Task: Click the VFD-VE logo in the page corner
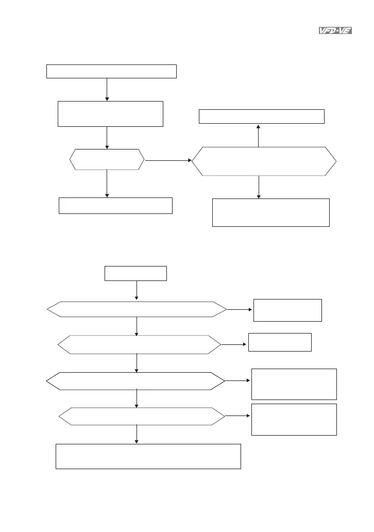(333, 31)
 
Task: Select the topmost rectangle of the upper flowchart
(111, 71)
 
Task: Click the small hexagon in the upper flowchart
(107, 160)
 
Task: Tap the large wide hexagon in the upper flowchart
(264, 162)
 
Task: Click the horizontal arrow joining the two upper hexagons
(168, 161)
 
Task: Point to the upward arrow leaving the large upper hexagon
(259, 136)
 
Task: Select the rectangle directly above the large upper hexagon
(262, 117)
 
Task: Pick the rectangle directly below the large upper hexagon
(270, 212)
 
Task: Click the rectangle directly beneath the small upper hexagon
(115, 205)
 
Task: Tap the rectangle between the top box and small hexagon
(110, 114)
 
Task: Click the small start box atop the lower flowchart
(135, 273)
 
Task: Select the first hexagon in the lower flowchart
(137, 309)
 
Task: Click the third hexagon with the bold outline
(135, 381)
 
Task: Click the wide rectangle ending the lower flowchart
(148, 456)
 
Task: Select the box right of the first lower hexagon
(287, 310)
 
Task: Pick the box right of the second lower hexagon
(280, 342)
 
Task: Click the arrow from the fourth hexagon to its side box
(238, 415)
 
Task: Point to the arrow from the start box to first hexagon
(137, 291)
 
